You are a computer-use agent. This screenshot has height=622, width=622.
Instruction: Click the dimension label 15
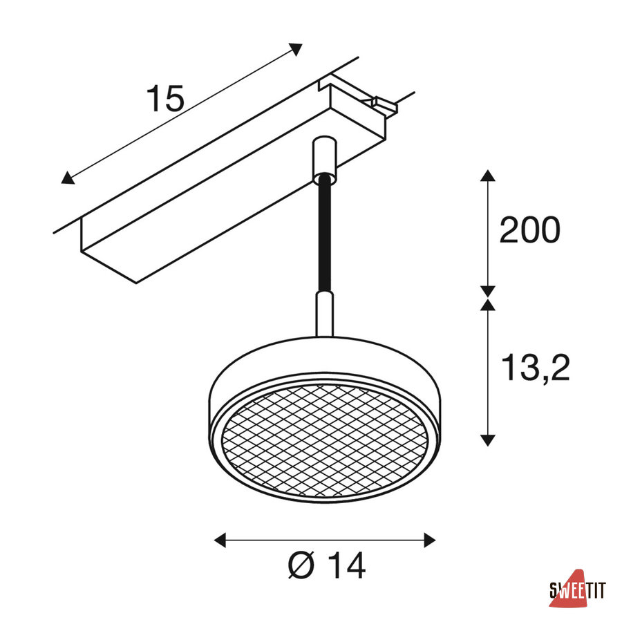pos(165,98)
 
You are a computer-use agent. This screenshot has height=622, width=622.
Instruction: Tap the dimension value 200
pos(529,230)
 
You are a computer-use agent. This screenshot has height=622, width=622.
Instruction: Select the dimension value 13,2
pos(536,368)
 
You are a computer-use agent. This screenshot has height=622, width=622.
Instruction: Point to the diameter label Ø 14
pos(326,566)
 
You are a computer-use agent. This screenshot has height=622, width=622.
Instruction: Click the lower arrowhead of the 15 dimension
pos(68,178)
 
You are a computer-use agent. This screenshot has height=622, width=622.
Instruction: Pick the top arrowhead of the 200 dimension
pos(487,176)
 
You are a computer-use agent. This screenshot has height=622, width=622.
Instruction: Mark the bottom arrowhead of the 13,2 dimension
pos(487,440)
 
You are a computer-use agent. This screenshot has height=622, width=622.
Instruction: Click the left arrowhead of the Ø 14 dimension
pos(220,540)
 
